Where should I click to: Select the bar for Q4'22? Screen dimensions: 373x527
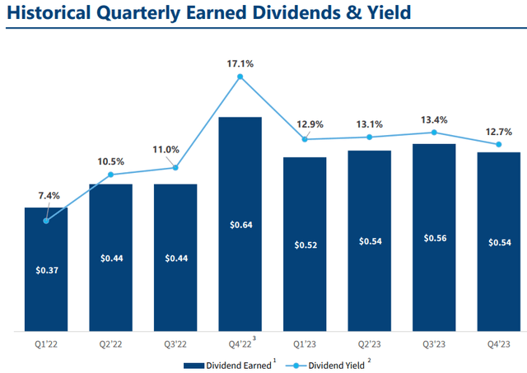240,222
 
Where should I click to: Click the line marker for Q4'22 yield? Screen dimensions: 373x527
240,77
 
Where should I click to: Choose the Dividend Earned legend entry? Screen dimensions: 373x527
223,362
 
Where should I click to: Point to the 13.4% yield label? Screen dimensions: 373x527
434,120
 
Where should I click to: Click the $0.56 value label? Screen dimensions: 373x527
434,238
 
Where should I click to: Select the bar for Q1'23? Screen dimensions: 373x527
305,243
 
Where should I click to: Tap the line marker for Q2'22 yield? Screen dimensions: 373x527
110,175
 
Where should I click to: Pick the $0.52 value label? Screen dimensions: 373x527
305,245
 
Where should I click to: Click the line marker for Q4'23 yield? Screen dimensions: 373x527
498,145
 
